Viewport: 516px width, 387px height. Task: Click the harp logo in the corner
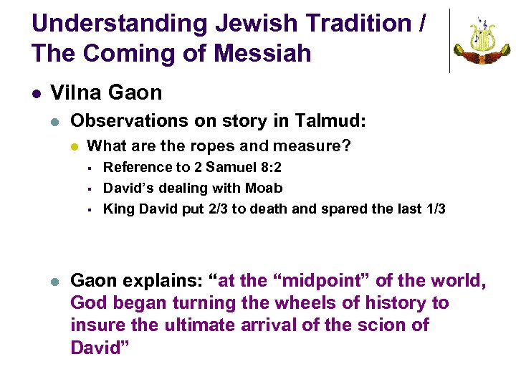coord(482,41)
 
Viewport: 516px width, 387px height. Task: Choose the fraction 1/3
coord(431,209)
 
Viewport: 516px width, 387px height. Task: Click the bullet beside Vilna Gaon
coord(35,93)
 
